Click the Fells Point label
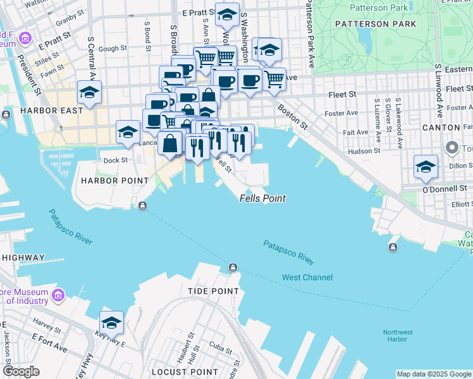pyautogui.click(x=262, y=198)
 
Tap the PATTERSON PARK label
pyautogui.click(x=376, y=24)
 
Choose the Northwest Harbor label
pyautogui.click(x=398, y=336)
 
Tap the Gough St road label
pyautogui.click(x=113, y=48)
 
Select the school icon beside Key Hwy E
pyautogui.click(x=112, y=322)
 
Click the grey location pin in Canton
pyautogui.click(x=452, y=148)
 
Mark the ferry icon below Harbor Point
pyautogui.click(x=144, y=205)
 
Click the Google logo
pyautogui.click(x=21, y=371)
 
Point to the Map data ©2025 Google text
pyautogui.click(x=433, y=374)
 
